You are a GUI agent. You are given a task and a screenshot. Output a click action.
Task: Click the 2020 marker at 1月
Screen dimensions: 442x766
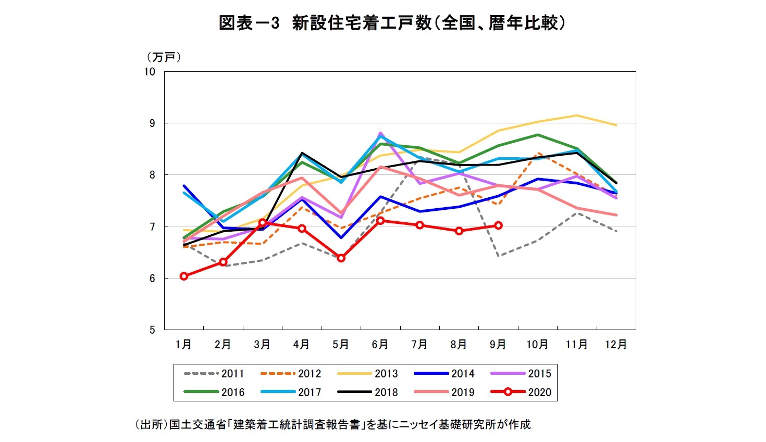pos(184,276)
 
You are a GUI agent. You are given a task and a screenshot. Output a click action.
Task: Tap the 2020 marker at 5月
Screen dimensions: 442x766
pos(341,258)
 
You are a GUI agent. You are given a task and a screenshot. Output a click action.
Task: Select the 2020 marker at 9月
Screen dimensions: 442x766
pos(498,225)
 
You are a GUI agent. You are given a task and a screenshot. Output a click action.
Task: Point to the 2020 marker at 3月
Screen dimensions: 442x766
pos(263,223)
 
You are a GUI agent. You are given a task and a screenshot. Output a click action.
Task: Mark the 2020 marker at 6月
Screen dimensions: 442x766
pos(380,221)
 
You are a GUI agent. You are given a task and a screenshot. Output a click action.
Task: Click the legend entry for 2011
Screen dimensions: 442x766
pos(214,374)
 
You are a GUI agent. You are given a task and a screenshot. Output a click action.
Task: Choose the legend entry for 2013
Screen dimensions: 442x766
pos(367,374)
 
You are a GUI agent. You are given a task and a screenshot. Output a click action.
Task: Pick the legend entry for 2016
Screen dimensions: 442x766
pos(214,393)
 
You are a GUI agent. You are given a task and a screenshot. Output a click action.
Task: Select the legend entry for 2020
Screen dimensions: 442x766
pos(521,393)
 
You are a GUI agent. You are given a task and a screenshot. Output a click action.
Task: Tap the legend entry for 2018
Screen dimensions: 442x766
pos(367,393)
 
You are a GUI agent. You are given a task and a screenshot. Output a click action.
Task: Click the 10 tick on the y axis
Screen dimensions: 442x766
pos(150,72)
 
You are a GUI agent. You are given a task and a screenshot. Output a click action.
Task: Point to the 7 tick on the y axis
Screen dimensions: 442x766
pos(152,226)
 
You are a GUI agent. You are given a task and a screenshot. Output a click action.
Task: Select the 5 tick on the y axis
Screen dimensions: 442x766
pos(152,330)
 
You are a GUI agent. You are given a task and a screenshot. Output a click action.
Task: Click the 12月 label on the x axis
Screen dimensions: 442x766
pos(615,345)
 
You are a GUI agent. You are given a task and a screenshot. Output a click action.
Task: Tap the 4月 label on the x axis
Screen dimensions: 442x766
pos(301,345)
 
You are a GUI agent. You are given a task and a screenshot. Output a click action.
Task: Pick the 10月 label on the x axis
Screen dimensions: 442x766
pos(537,345)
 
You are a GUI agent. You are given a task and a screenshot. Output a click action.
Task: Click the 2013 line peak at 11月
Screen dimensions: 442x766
pos(576,116)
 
